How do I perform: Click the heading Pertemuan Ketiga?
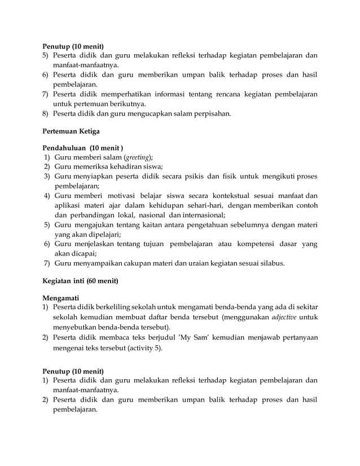[x=72, y=132]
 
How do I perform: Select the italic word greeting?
[x=139, y=157]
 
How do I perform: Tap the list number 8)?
[x=46, y=115]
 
